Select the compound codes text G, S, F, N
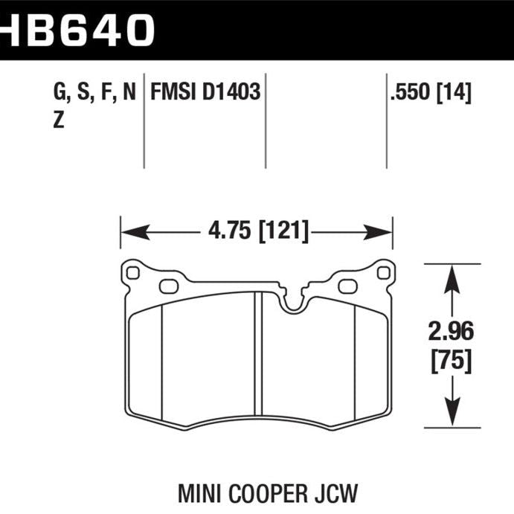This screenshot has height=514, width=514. coord(94,94)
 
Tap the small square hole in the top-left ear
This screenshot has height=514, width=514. coord(133,273)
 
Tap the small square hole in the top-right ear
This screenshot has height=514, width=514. coord(382,273)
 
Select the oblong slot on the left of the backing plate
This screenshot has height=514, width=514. coord(169,286)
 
